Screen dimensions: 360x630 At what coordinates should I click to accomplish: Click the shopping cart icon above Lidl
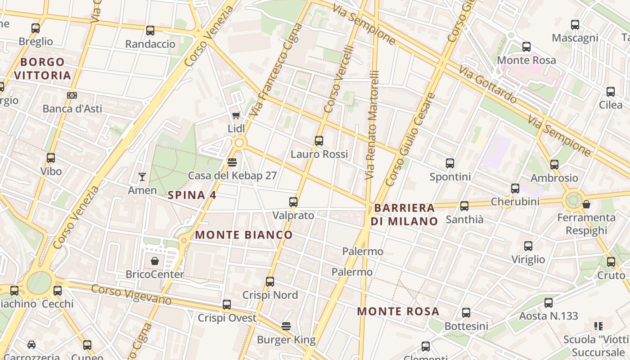pos(236,115)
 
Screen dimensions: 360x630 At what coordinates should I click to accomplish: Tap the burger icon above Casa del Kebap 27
pos(232,162)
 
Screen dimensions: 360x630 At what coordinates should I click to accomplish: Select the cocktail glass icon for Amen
pos(142,177)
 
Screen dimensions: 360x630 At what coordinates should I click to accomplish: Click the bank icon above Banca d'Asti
pos(72,95)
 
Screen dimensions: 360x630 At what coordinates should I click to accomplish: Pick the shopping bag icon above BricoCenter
pos(155,261)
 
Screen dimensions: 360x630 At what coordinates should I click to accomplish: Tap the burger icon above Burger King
pos(286,326)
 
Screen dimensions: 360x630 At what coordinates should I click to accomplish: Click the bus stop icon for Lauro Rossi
pos(319,141)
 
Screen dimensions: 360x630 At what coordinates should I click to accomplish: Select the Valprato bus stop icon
pos(293,202)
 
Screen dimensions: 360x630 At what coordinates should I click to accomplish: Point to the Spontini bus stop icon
pos(450,163)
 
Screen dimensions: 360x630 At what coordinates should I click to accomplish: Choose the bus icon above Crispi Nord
pos(270,282)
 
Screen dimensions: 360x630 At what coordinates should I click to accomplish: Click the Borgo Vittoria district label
pos(43,68)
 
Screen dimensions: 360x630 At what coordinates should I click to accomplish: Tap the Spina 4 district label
pos(192,195)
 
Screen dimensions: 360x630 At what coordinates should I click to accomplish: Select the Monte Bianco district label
pos(244,235)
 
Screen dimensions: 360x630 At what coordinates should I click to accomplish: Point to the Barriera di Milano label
pos(404,215)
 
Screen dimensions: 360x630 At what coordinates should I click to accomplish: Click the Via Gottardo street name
pos(488,84)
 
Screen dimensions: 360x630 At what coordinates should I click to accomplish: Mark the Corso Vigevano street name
pos(131,294)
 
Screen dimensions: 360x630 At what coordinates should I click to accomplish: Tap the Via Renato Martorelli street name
pos(372,125)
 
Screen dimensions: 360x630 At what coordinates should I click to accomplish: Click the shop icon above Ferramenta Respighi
pos(586,204)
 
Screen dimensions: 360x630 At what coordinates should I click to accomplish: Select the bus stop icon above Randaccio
pos(150,31)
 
